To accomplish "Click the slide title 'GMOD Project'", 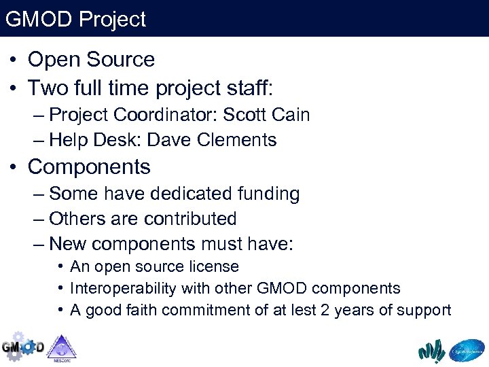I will click(x=75, y=19).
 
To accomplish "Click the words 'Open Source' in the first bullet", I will click(x=91, y=60).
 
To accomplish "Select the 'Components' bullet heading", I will click(x=89, y=167).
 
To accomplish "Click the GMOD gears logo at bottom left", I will click(x=22, y=346).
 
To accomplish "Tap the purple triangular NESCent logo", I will click(x=62, y=347).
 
